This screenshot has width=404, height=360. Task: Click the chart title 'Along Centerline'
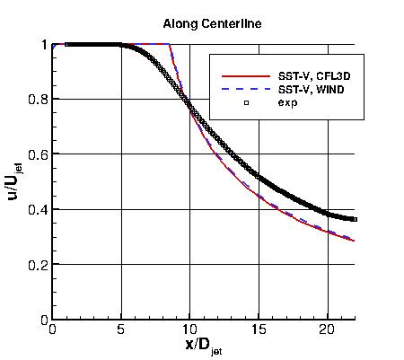[212, 24]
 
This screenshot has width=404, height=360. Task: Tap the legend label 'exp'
[286, 103]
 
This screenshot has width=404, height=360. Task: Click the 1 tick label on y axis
[43, 44]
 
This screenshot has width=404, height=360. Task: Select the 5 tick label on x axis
[121, 329]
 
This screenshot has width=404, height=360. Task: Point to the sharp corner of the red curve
[170, 44]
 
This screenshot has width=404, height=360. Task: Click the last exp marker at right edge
[354, 219]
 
